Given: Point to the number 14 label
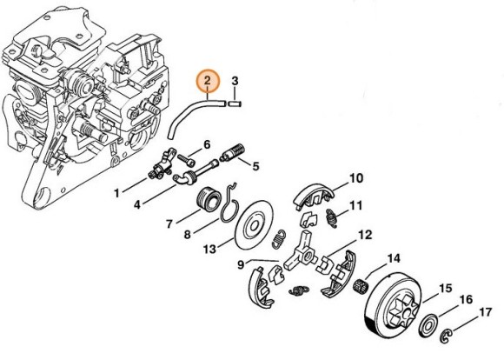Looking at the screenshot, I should (x=394, y=257).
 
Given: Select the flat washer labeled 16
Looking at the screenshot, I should (x=428, y=326).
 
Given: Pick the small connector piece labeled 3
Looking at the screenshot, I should (x=234, y=103).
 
